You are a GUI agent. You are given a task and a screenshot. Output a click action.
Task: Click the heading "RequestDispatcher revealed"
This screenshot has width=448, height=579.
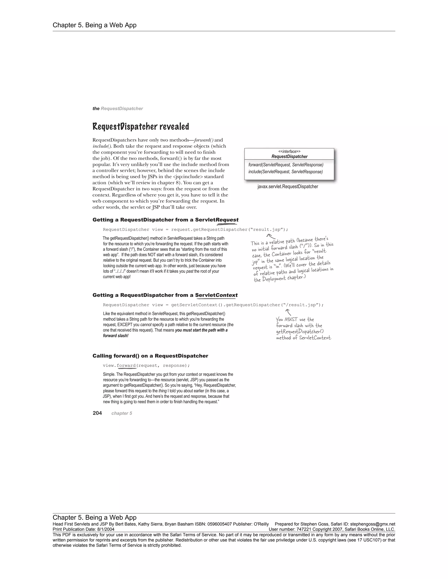pos(141,127)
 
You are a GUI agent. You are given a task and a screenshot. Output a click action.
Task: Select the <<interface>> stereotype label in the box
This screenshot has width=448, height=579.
pos(289,151)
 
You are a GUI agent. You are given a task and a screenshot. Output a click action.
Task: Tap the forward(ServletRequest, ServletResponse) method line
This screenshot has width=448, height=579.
pos(285,165)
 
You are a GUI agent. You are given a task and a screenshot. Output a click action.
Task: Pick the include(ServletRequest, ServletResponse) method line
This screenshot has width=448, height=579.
pos(285,172)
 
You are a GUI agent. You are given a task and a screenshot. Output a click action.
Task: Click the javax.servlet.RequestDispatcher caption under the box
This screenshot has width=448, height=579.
pos(288,187)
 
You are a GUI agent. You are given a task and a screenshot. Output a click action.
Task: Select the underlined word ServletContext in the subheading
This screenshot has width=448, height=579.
pos(216,295)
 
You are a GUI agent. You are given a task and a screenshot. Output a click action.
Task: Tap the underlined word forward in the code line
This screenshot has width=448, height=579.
pos(126,366)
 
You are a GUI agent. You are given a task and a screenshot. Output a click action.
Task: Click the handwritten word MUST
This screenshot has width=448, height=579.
pos(291,319)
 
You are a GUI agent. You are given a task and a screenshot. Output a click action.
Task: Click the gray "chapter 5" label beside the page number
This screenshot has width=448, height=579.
pos(122,413)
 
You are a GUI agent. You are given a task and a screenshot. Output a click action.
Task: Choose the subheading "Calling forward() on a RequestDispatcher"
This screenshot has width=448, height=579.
pos(150,356)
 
